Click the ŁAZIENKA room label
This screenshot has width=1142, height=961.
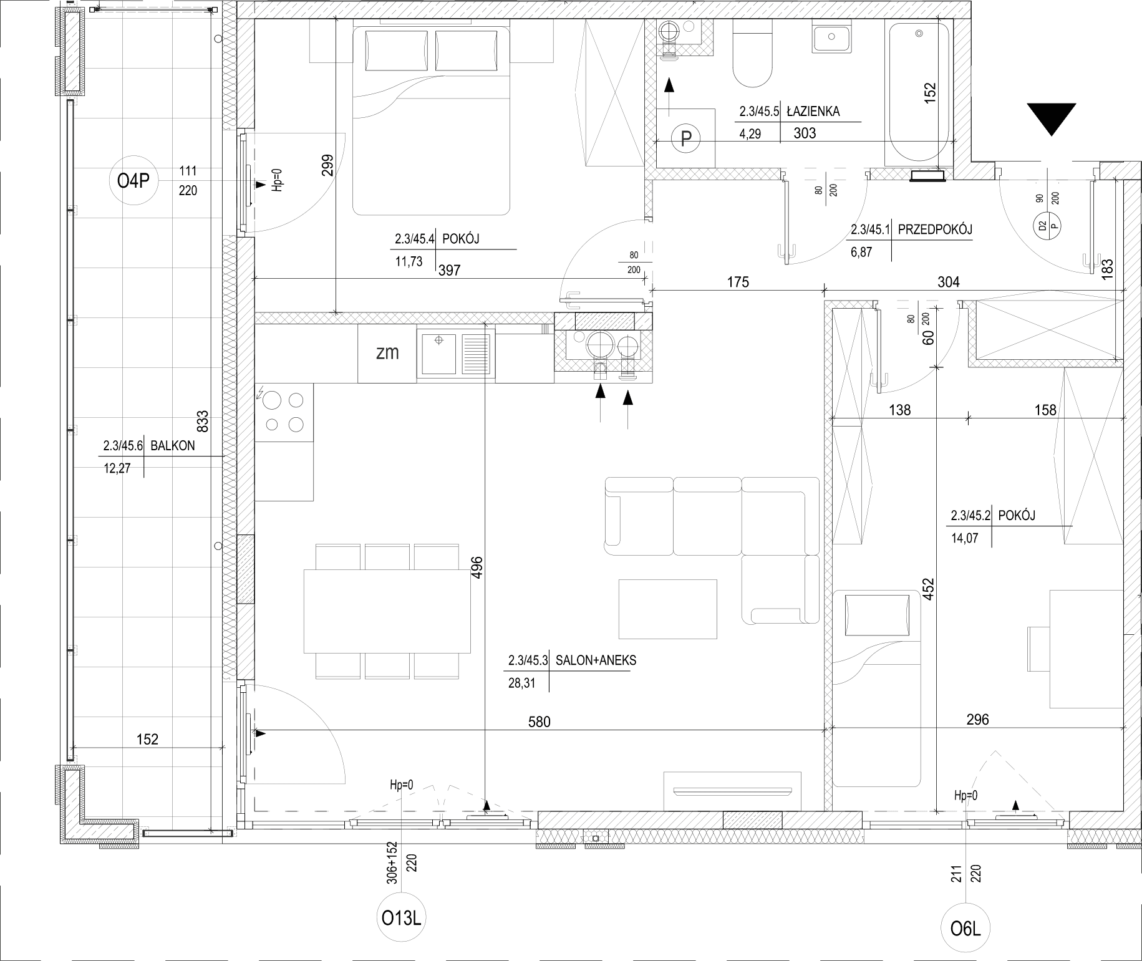point(813,111)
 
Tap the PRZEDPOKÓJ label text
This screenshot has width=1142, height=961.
point(935,229)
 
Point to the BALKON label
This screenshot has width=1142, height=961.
point(173,445)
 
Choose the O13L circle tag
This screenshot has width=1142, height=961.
point(404,919)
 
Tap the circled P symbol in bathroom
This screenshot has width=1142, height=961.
point(686,138)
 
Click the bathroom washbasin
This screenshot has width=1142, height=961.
point(832,36)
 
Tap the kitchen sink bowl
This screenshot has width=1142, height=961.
point(439,355)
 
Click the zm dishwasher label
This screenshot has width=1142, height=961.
point(387,352)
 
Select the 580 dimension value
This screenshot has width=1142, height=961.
point(539,722)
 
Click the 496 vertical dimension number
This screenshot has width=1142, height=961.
point(477,567)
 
